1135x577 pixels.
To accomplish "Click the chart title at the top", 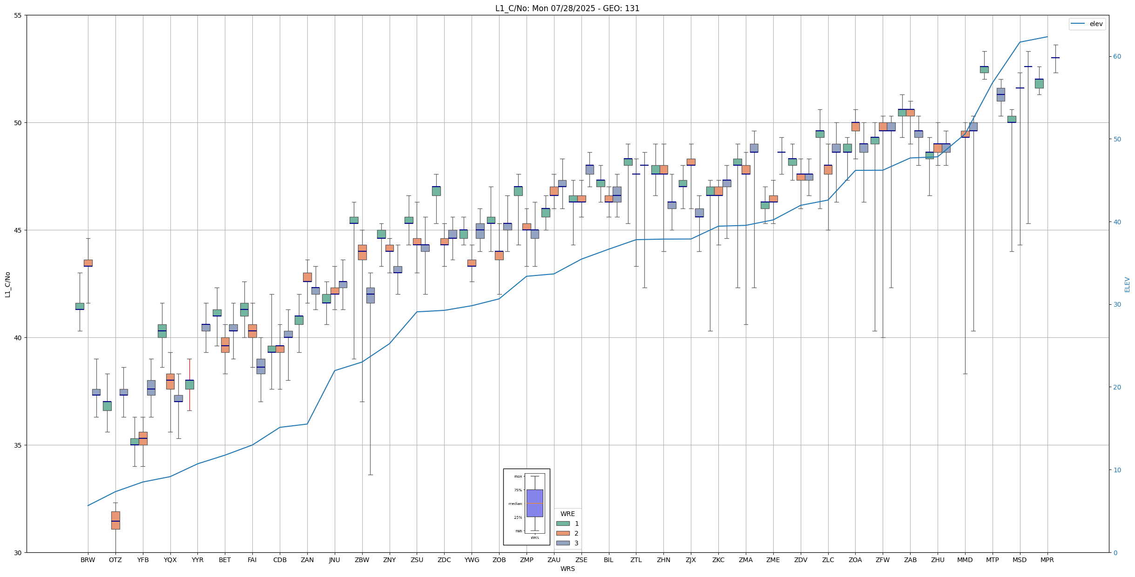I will pos(567,8).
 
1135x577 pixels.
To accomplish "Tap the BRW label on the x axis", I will pos(88,560).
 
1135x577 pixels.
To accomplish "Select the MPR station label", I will pos(1047,560).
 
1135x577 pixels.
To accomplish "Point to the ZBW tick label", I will pos(362,560).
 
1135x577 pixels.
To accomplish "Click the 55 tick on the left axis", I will pos(18,15).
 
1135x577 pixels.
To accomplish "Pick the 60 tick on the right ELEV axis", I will pos(1117,57).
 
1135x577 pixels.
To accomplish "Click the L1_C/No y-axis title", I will pos(7,284).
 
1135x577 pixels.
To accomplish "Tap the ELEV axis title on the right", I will pos(1127,284).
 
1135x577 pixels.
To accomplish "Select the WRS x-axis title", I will pos(567,569).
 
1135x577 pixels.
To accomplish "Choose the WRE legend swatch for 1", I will pos(563,523).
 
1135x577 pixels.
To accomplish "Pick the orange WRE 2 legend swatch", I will pos(563,533).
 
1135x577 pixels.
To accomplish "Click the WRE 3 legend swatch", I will pos(563,543).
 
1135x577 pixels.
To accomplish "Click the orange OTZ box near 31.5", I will pos(115,520).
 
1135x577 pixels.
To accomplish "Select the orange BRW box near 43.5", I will pos(88,263).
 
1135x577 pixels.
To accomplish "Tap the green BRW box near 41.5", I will pos(80,306).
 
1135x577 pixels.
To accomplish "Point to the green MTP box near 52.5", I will pos(984,69).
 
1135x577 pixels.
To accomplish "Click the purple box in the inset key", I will pos(534,503).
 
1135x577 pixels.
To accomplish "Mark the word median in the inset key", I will pos(515,503).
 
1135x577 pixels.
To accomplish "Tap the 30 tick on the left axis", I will pos(18,552).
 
